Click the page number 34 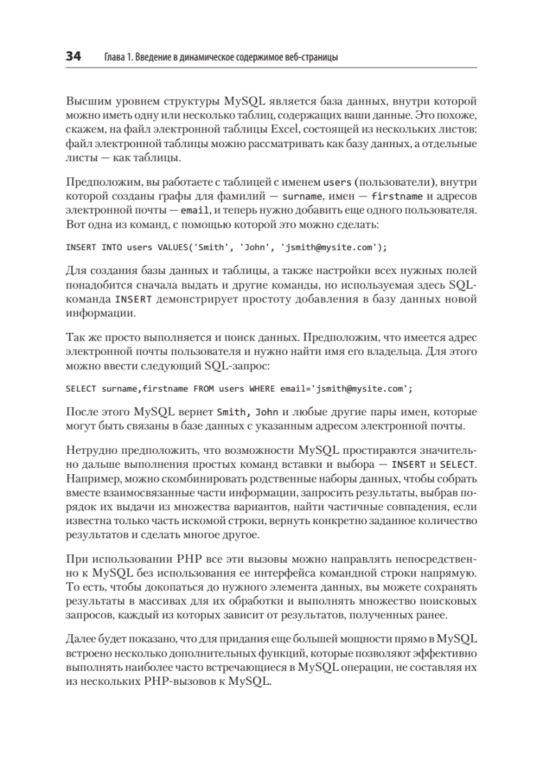click(73, 57)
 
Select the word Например click(91, 478)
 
